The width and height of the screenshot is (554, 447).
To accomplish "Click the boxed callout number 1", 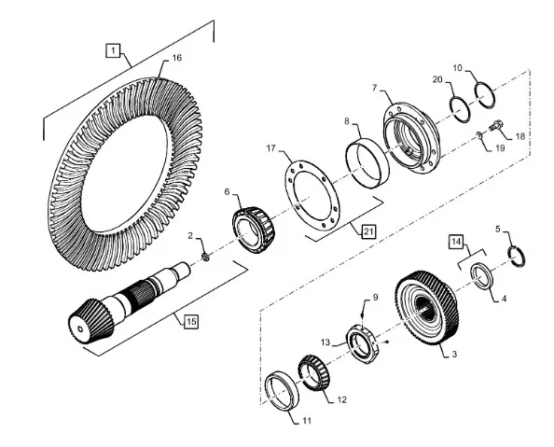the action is coord(113,50).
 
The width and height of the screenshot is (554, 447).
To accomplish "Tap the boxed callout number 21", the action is coord(368,231).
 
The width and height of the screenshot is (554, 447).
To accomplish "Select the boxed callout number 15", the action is coord(191,321).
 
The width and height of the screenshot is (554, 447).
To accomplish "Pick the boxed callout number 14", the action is coord(456,242).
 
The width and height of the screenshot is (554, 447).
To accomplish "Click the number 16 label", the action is coord(176,58).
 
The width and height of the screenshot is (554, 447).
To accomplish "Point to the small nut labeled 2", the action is coord(205,258).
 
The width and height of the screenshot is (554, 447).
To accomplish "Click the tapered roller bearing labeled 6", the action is coord(254,230).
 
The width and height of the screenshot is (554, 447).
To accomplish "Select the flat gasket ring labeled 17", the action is coord(312,196).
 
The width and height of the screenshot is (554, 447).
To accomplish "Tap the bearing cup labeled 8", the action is coord(367,163).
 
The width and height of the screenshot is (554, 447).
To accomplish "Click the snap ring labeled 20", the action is coord(460,109).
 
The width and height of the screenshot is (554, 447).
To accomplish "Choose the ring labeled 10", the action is coord(485,95).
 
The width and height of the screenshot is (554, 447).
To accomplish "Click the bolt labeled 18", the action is coord(496,125).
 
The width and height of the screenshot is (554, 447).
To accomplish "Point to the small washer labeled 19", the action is coord(479,134).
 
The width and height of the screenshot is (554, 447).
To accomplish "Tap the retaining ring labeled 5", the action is coord(516,257).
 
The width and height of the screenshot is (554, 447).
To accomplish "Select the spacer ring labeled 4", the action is coord(481,275).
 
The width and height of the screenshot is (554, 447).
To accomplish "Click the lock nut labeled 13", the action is coord(365,344).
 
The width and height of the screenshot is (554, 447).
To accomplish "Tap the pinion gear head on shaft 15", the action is coord(90,321).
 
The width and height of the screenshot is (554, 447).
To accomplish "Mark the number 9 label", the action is coord(375,297).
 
